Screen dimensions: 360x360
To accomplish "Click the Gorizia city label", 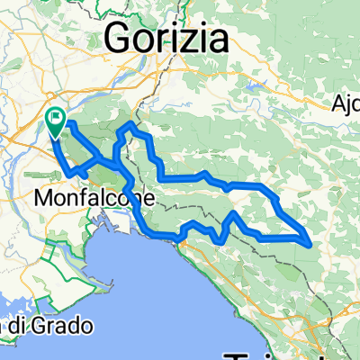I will click(x=166, y=38).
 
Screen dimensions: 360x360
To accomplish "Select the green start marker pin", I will click(x=56, y=121).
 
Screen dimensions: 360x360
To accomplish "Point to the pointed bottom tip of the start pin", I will click(x=56, y=137).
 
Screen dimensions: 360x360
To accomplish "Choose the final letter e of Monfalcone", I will click(x=150, y=196).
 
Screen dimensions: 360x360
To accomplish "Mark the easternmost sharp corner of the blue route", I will click(x=311, y=242).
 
